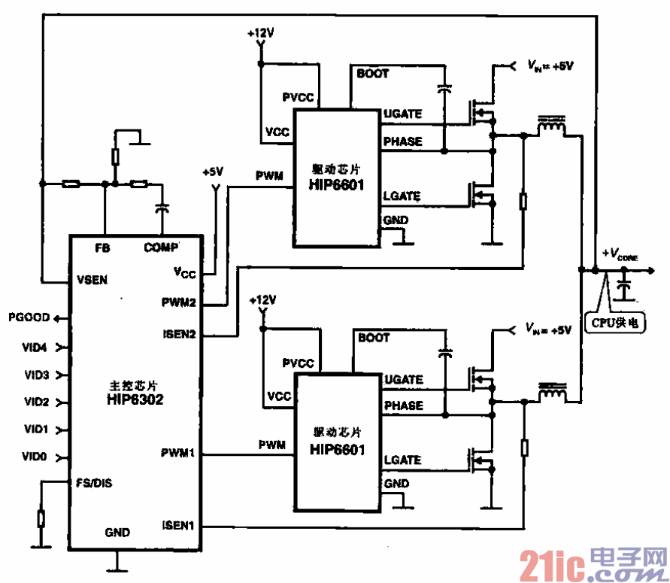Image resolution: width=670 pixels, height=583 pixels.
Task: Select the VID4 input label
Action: coord(36,348)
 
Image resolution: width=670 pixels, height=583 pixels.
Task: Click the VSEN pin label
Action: coord(92,280)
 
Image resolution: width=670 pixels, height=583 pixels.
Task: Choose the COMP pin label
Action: coord(161,247)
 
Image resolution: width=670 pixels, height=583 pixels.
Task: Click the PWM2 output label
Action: coord(178,304)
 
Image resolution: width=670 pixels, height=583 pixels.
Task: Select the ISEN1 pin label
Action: coord(178,525)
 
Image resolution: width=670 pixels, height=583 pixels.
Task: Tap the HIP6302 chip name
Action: coord(135,400)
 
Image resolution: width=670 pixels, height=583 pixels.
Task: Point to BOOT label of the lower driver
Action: coord(374,338)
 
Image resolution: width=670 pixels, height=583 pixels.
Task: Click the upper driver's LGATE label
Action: coord(402,197)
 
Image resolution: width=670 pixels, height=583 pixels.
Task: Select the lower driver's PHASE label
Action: coord(403,406)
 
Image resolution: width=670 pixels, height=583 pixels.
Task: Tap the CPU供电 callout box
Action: coord(616,323)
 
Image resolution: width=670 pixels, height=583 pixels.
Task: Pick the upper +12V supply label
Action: coord(260,34)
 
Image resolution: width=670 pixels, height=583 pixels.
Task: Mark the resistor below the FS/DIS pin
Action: coord(40,518)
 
